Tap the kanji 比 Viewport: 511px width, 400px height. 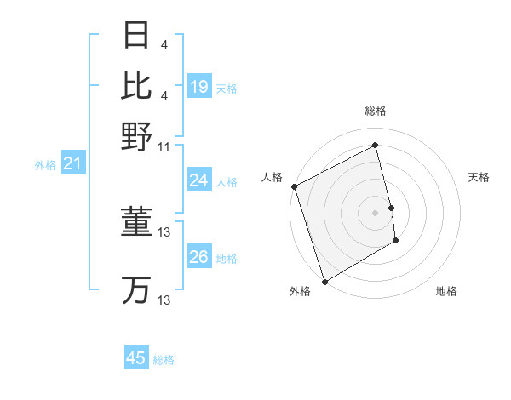(x=136, y=85)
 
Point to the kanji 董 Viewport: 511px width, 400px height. (x=136, y=222)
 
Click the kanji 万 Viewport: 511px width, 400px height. (x=136, y=290)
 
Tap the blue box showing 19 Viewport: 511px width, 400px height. (x=199, y=87)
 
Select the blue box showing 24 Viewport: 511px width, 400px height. (x=199, y=180)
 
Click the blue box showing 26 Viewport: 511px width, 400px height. (x=199, y=257)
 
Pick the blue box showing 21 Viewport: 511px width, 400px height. (x=72, y=163)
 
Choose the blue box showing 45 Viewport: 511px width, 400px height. (x=136, y=358)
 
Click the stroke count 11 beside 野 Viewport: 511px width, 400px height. (x=164, y=146)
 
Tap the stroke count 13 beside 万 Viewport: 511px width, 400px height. (x=164, y=300)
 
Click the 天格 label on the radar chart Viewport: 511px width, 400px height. (x=479, y=177)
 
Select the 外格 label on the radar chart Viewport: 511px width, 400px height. (x=300, y=291)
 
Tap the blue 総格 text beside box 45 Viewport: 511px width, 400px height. (x=164, y=360)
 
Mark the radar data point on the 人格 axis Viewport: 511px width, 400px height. (x=294, y=186)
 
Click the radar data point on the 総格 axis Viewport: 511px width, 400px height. (x=376, y=146)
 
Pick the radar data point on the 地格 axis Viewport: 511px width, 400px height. (x=396, y=242)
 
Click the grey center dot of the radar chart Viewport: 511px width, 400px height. (x=376, y=213)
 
